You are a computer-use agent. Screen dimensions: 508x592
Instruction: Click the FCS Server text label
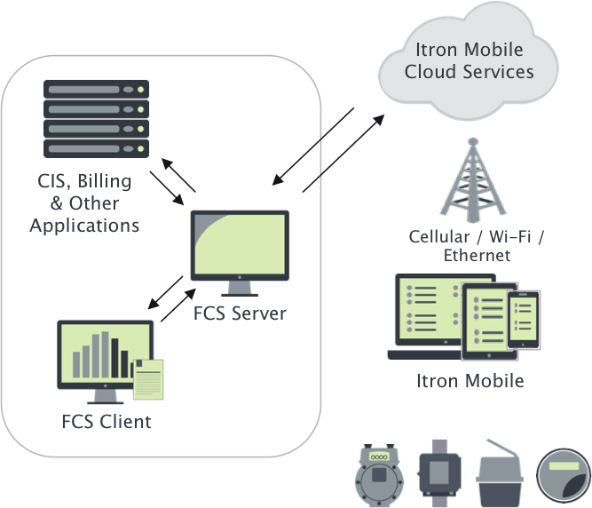(x=240, y=314)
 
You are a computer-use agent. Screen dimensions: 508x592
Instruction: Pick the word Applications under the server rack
(x=84, y=226)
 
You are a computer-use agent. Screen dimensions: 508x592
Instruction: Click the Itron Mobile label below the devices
(x=470, y=381)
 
